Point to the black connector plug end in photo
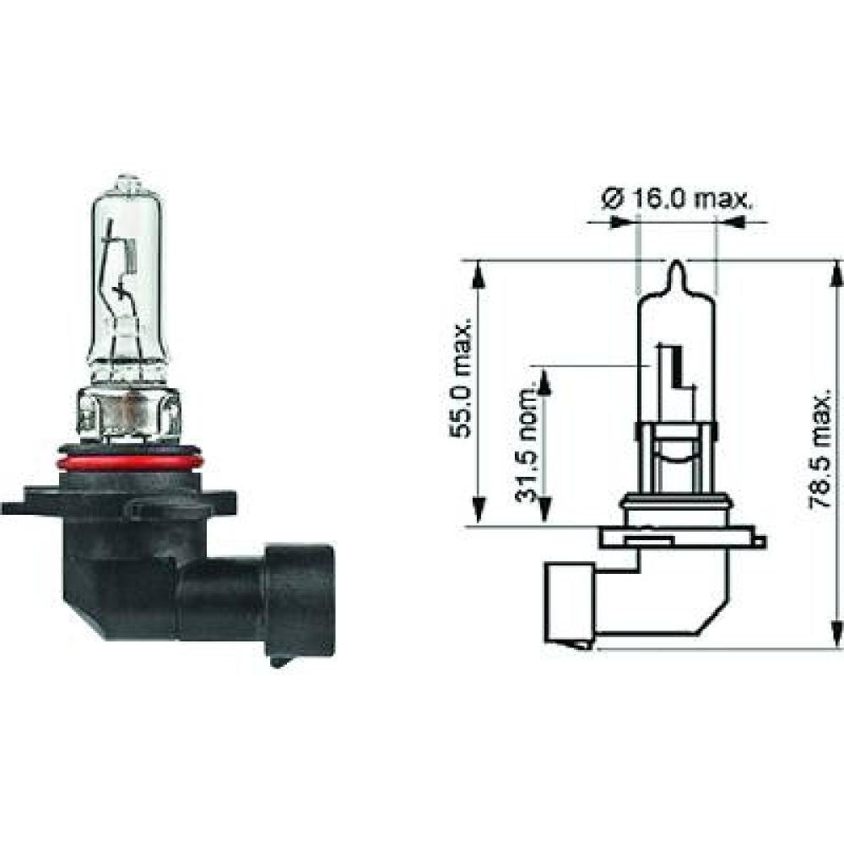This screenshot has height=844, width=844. [300, 599]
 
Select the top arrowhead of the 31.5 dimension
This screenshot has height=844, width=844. [544, 381]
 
